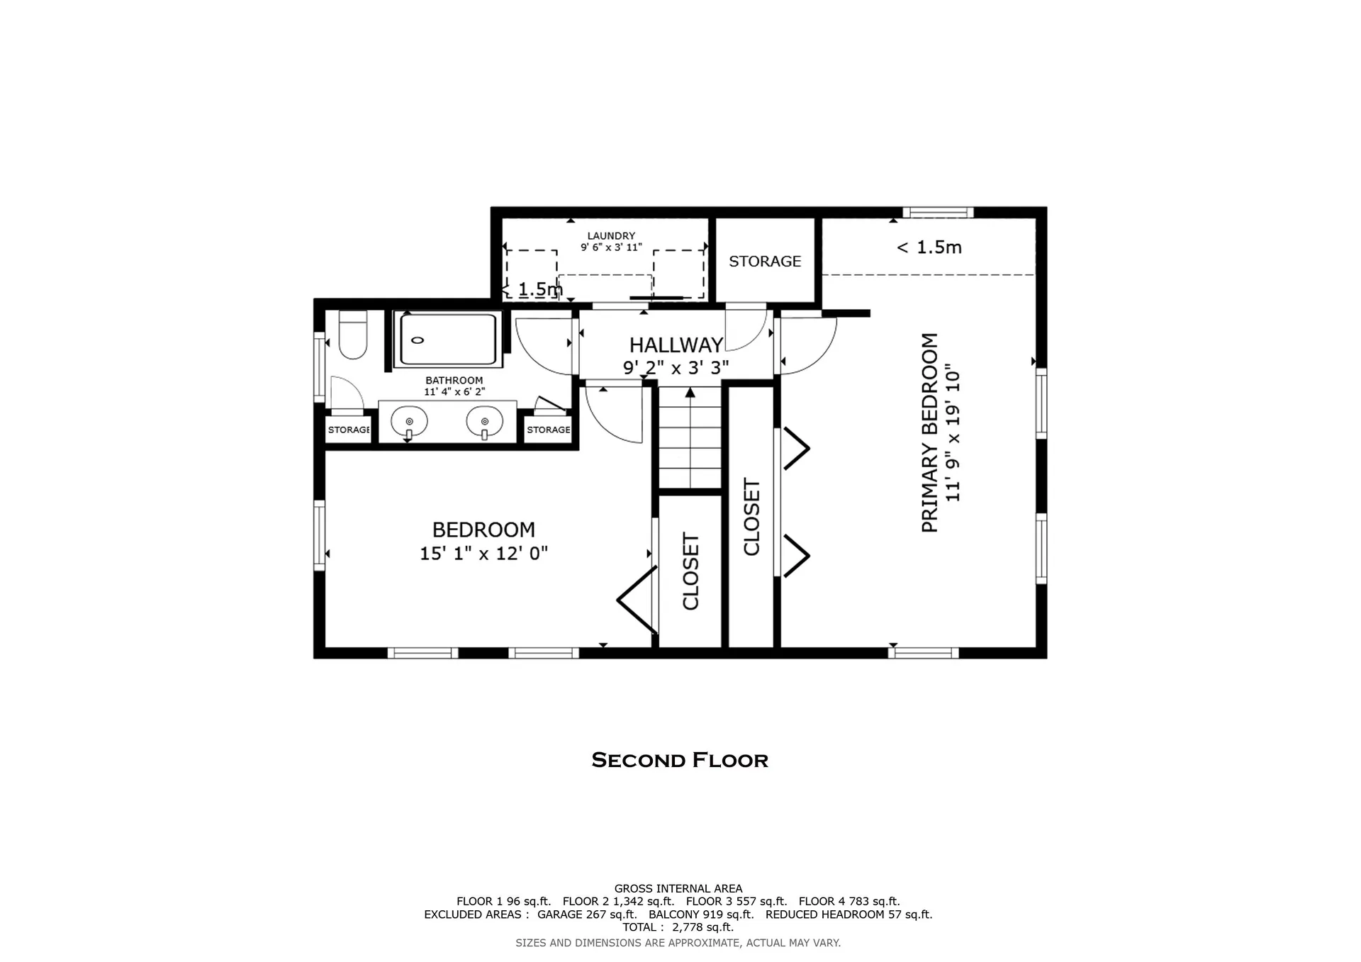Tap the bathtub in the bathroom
448,340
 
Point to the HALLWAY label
676,345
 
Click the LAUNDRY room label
611,236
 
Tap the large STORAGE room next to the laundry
765,262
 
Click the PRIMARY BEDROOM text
929,432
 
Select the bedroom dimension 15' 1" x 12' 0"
483,554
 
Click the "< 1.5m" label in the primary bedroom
929,247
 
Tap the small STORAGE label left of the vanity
348,430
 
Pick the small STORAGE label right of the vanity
548,430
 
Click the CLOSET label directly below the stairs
690,571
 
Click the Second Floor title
679,761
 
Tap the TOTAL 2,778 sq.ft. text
678,927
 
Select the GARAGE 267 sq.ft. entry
586,915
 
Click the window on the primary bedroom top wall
937,212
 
